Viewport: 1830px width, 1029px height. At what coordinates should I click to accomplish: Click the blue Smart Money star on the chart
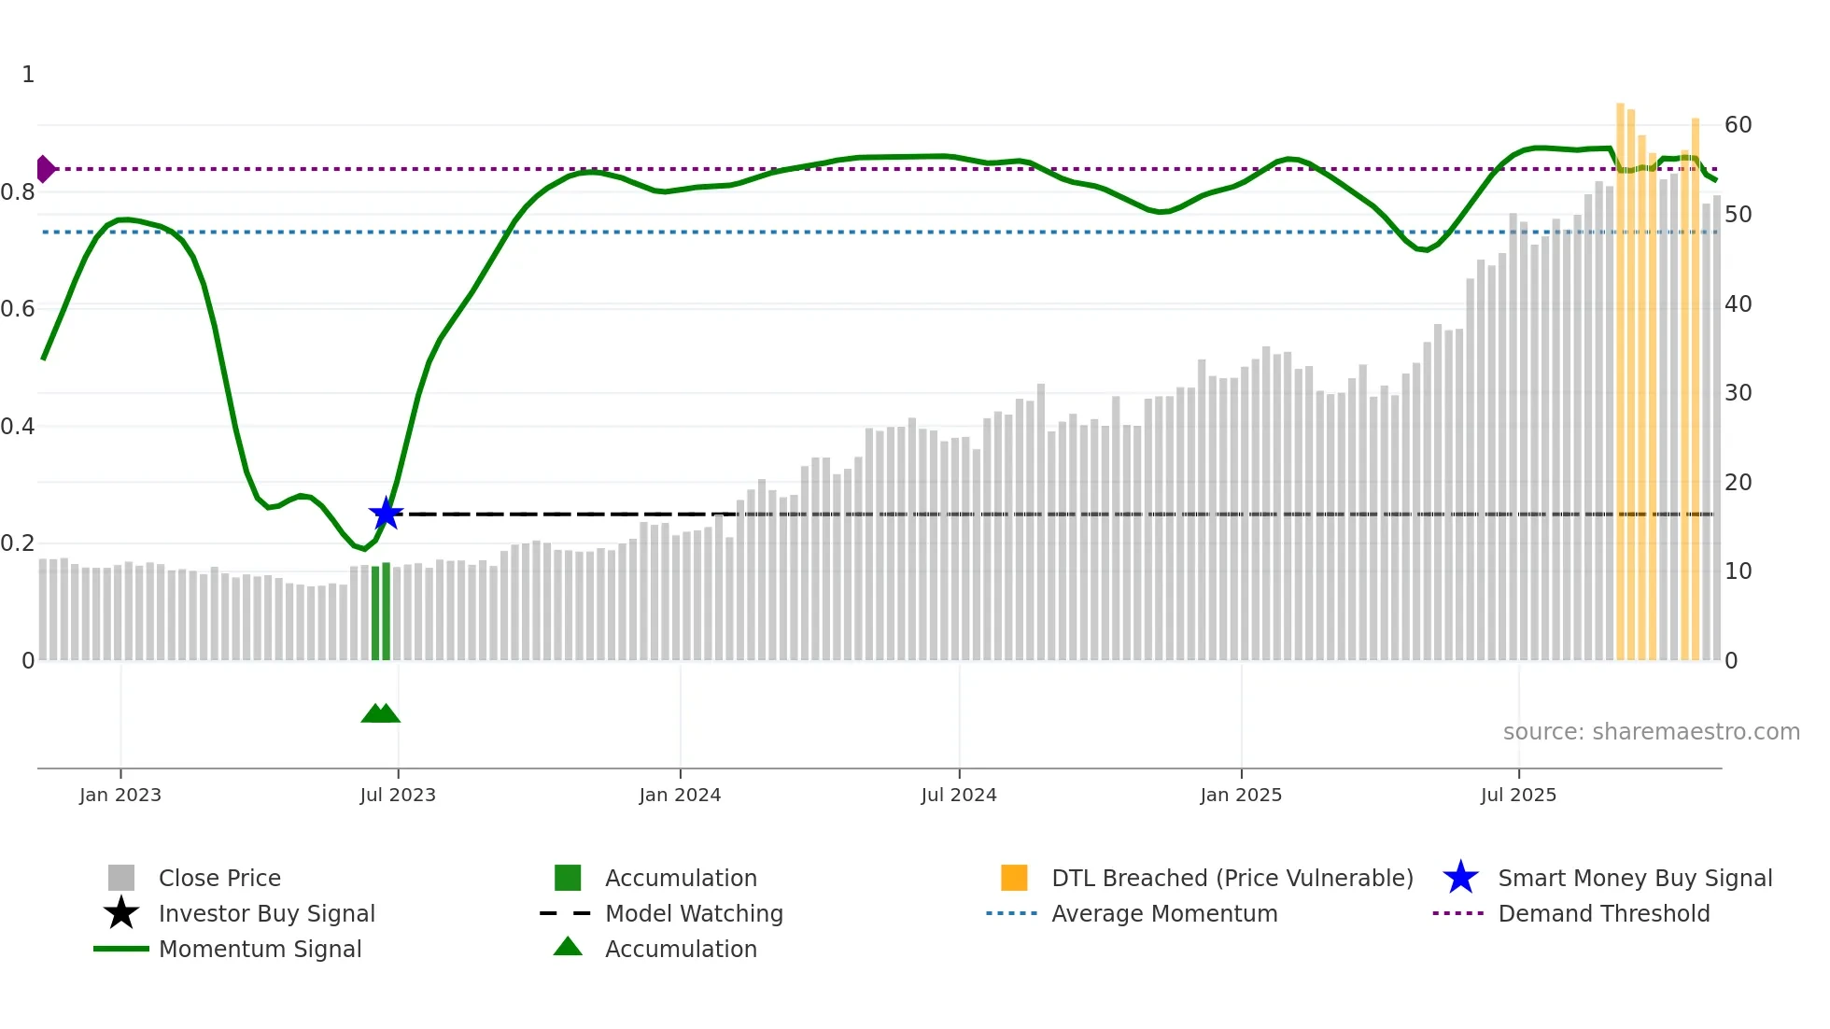pyautogui.click(x=386, y=514)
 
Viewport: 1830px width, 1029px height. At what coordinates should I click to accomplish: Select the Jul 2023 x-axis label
pyautogui.click(x=398, y=795)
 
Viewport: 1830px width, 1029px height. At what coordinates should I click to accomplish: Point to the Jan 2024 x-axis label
pyautogui.click(x=680, y=795)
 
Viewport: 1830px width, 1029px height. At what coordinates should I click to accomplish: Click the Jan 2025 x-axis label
pyautogui.click(x=1241, y=795)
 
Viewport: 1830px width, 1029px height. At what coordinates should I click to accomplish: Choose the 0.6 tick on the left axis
pyautogui.click(x=18, y=309)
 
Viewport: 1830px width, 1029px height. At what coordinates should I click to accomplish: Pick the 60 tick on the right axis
pyautogui.click(x=1738, y=125)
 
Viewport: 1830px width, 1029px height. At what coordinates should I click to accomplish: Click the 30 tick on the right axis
pyautogui.click(x=1738, y=393)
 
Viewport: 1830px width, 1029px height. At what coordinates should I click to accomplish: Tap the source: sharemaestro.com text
pyautogui.click(x=1651, y=732)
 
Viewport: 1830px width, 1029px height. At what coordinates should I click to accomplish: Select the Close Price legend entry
pyautogui.click(x=219, y=878)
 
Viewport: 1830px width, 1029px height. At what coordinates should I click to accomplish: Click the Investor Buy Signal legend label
pyautogui.click(x=266, y=913)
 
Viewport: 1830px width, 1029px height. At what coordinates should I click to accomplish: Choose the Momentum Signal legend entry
pyautogui.click(x=260, y=949)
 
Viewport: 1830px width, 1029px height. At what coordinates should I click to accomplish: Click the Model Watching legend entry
pyautogui.click(x=694, y=913)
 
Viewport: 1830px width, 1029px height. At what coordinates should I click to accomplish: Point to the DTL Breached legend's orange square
pyautogui.click(x=1014, y=878)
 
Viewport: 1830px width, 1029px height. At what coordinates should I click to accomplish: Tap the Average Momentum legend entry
pyautogui.click(x=1164, y=913)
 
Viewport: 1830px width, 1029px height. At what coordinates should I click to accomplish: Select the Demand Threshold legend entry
pyautogui.click(x=1603, y=913)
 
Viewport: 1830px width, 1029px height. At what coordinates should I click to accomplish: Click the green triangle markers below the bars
pyautogui.click(x=380, y=713)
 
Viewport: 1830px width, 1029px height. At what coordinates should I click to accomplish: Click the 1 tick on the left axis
pyautogui.click(x=28, y=75)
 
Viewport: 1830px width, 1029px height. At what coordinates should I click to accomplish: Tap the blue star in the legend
pyautogui.click(x=1460, y=878)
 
